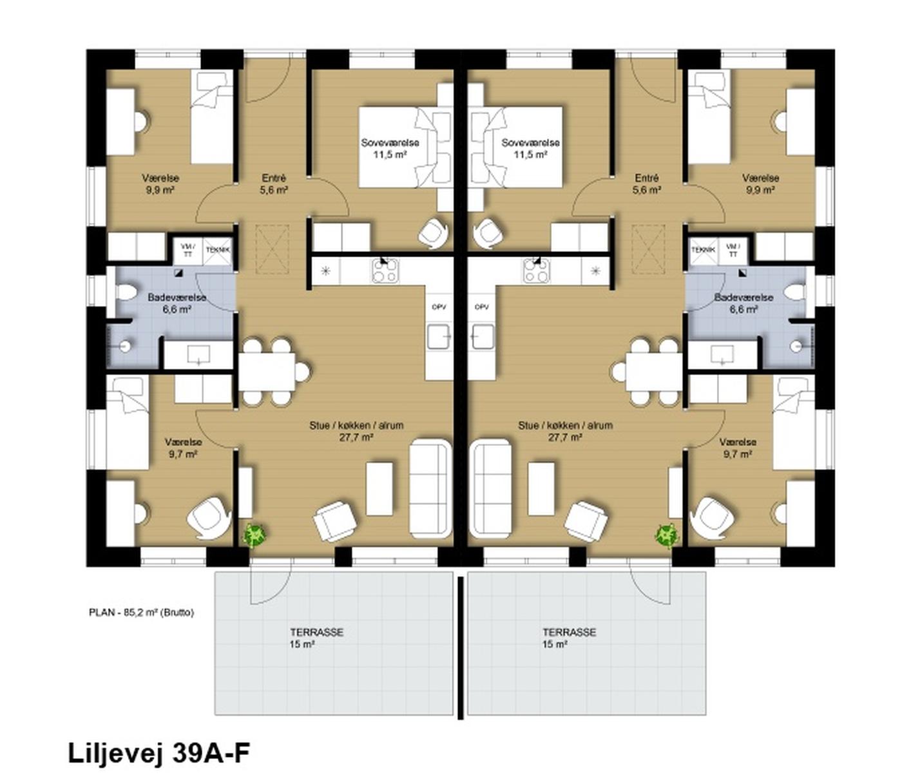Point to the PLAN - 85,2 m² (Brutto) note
141,613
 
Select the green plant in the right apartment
666,535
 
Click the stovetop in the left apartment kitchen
386,271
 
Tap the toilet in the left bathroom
126,293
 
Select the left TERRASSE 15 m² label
317,638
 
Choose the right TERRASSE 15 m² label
570,638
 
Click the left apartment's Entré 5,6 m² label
274,184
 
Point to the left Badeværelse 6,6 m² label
177,303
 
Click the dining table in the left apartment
267,371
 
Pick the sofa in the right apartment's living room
492,488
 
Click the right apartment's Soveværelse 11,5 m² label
530,149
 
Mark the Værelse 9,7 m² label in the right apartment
738,448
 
